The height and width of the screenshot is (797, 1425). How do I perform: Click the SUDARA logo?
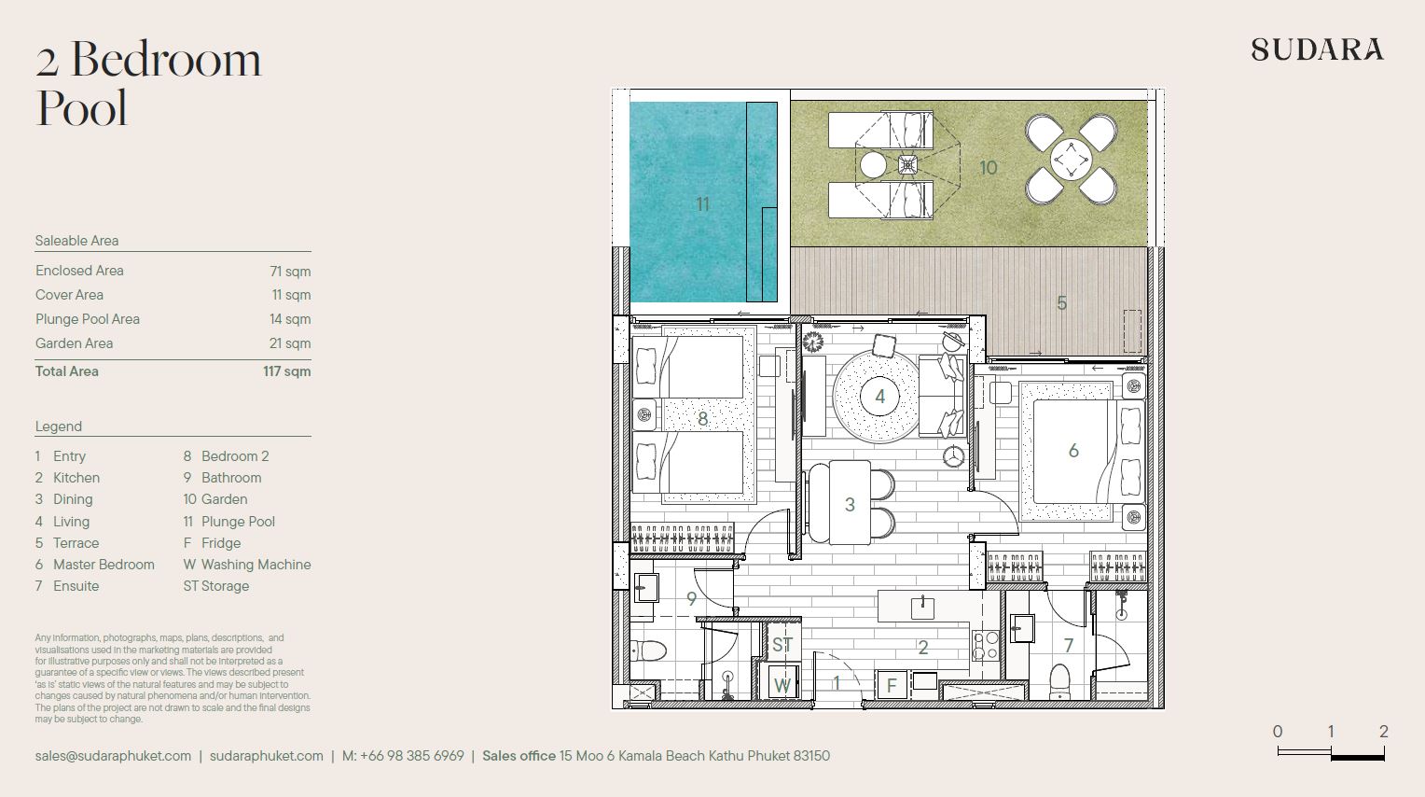(1317, 49)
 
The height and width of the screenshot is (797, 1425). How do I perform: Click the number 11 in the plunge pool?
(702, 204)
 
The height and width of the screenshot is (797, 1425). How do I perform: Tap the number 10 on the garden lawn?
(988, 167)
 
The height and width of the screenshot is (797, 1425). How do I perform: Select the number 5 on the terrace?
(1061, 303)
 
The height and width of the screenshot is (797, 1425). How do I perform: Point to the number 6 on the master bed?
(1073, 451)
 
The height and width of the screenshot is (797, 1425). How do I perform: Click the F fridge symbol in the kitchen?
(892, 686)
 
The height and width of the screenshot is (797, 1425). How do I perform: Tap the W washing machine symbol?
(782, 685)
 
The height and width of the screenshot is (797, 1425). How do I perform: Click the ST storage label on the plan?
(782, 645)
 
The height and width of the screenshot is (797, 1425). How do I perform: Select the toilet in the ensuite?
(1059, 681)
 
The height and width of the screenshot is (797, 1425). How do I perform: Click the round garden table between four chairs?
(1072, 159)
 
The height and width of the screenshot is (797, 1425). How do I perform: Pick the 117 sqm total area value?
(287, 371)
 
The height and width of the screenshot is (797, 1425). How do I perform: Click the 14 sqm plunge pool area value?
(290, 319)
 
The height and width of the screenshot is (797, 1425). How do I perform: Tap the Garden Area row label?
(75, 343)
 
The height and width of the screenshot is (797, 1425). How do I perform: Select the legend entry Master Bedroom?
(104, 565)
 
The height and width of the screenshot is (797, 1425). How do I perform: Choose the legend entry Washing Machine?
(256, 565)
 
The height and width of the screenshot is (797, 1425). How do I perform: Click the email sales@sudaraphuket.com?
(113, 756)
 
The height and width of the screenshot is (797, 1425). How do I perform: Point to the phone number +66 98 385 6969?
(412, 756)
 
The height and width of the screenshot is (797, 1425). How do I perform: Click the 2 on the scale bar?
(1384, 732)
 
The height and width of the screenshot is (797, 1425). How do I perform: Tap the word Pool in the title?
(82, 108)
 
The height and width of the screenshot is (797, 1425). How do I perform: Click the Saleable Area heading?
(77, 241)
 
